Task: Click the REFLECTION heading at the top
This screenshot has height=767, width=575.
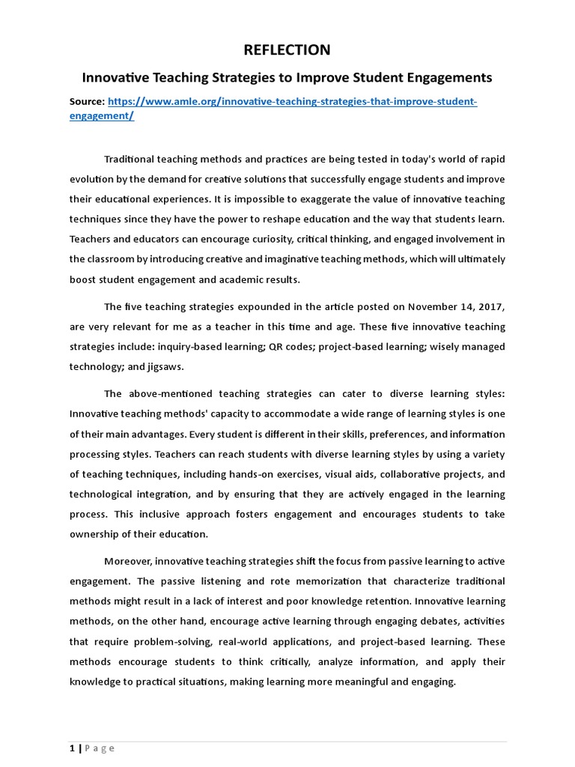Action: point(287,49)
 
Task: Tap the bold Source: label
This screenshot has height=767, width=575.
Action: point(87,102)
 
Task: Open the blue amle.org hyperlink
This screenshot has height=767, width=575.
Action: point(292,102)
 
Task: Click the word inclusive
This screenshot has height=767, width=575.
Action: point(150,514)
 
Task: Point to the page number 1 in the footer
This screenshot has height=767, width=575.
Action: point(72,748)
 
